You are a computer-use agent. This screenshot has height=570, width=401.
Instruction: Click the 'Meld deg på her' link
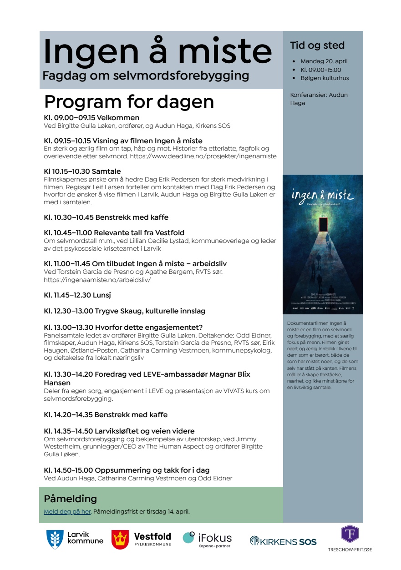(67, 511)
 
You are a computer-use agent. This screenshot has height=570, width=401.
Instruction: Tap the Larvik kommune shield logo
(55, 539)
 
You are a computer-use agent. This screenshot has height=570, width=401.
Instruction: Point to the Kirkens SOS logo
(283, 541)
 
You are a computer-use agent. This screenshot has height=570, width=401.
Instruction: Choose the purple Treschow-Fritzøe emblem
(350, 534)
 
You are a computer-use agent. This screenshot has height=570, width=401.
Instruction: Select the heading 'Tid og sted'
(317, 45)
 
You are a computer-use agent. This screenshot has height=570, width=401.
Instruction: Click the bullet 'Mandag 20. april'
(324, 61)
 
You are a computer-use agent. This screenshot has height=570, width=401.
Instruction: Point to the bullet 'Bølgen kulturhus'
(325, 78)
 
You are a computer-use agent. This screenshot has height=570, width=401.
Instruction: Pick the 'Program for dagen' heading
(129, 101)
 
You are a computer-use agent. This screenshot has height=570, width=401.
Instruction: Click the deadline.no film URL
(203, 156)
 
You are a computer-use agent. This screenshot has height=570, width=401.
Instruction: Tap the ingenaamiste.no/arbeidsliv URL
(97, 280)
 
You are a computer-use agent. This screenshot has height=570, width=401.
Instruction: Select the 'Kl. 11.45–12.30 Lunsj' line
(77, 295)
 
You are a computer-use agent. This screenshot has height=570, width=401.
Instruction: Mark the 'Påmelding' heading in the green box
(70, 499)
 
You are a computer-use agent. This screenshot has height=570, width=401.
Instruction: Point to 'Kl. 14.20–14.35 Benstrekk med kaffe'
(106, 415)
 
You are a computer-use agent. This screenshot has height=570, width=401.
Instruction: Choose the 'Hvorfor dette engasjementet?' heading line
(123, 327)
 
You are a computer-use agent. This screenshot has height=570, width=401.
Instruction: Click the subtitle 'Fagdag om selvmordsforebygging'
(146, 76)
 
